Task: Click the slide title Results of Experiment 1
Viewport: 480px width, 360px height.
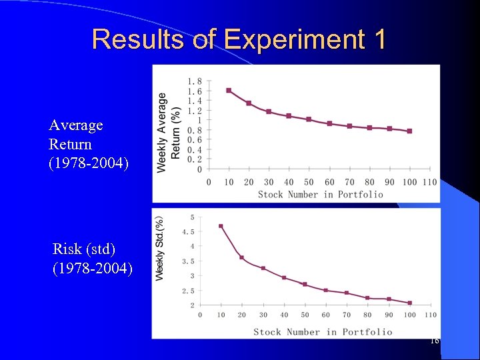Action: coord(239,39)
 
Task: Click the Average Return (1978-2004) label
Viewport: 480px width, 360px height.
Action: coord(76,144)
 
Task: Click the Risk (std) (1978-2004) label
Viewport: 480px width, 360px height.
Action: coord(93,259)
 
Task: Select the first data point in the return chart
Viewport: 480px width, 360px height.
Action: coord(229,90)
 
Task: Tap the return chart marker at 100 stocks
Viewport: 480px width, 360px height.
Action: coord(409,131)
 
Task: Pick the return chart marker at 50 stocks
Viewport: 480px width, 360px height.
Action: coord(309,119)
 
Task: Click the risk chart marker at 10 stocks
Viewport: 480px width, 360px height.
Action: coord(221,226)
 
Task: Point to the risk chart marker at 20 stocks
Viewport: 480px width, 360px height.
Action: coord(242,257)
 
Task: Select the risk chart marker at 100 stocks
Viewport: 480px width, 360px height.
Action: coord(409,303)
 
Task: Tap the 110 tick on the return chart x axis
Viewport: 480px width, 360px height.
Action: coord(429,182)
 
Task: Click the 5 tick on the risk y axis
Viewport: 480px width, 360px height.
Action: coord(193,217)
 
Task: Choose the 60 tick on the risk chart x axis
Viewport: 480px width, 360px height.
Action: coord(326,315)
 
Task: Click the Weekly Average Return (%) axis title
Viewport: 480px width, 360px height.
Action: coord(169,132)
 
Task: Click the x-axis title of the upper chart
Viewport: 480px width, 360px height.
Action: coord(321,194)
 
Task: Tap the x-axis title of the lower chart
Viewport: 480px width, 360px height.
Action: coord(323,331)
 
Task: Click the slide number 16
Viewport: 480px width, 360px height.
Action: coord(434,341)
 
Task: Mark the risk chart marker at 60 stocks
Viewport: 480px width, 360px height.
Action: coord(326,290)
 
